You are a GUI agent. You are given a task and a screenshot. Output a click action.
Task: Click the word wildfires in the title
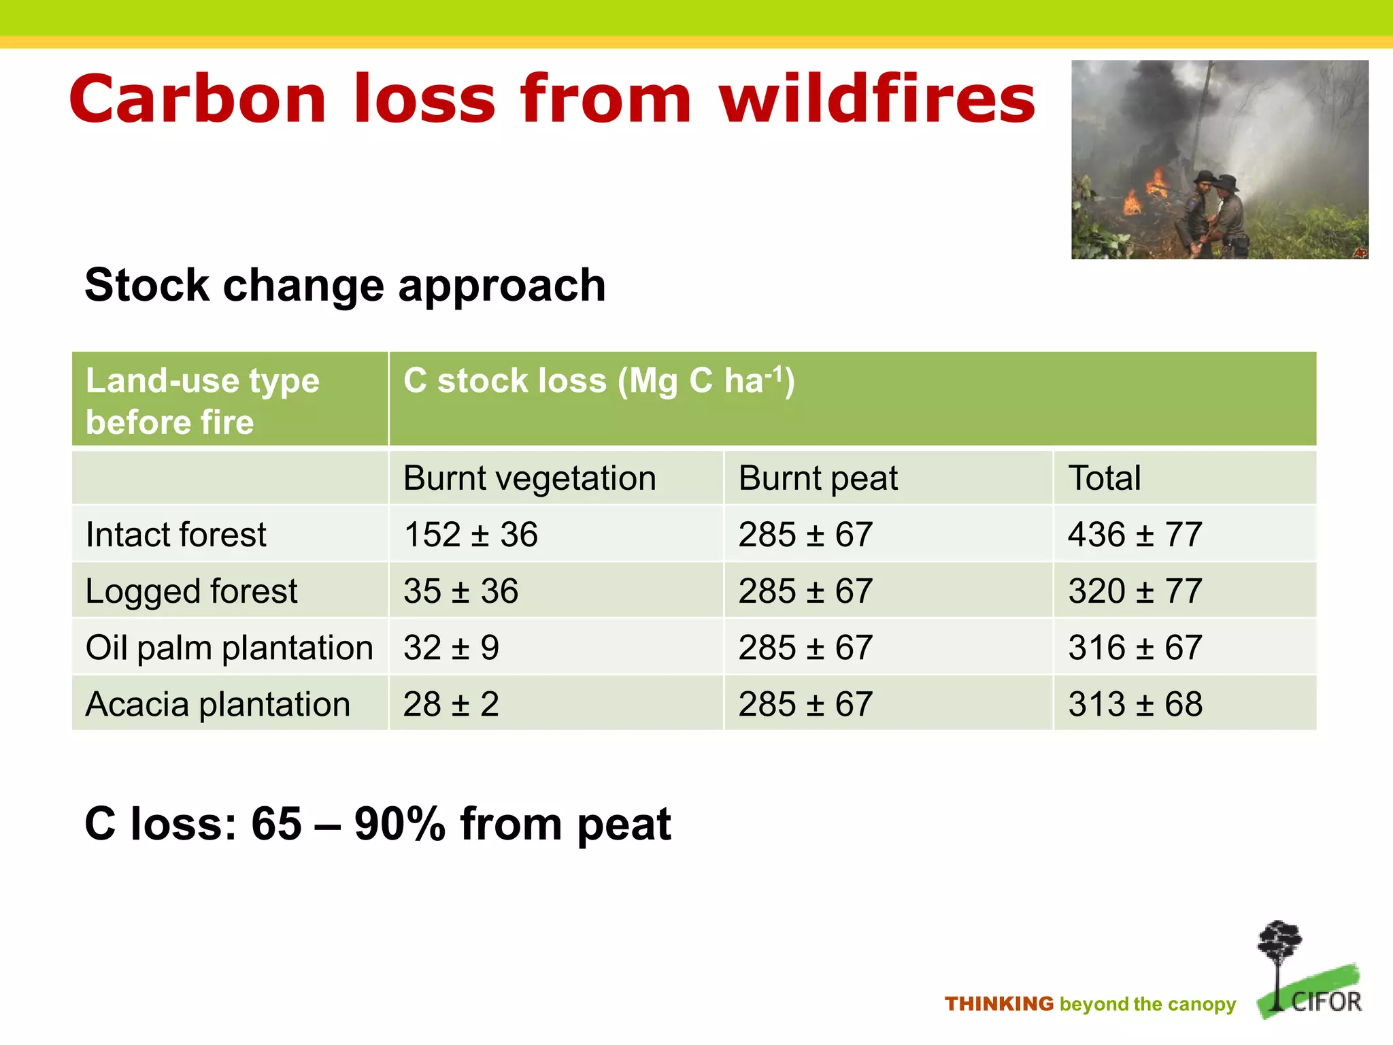tap(877, 100)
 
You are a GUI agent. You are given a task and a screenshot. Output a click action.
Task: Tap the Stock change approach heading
tap(345, 285)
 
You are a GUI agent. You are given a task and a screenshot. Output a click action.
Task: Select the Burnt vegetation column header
tap(529, 478)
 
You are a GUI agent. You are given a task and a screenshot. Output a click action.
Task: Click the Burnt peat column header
tap(818, 478)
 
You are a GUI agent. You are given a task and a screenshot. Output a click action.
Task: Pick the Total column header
tap(1105, 478)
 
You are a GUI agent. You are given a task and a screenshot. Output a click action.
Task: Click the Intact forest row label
tap(176, 535)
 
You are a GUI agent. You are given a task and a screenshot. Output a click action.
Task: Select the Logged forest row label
tap(191, 591)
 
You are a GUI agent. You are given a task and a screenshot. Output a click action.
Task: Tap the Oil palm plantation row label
tap(229, 648)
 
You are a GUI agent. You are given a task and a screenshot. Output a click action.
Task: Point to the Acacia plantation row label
tap(218, 704)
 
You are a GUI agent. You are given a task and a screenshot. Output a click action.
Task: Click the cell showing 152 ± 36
tap(471, 535)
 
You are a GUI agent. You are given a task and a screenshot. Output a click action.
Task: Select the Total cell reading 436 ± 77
tap(1135, 535)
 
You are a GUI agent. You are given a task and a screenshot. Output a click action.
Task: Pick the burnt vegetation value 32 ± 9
tap(451, 648)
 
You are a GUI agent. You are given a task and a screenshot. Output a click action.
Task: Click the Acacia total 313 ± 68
tap(1135, 704)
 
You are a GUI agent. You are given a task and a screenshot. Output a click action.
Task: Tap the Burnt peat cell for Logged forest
tap(805, 591)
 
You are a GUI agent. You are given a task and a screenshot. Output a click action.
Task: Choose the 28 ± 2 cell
tap(451, 704)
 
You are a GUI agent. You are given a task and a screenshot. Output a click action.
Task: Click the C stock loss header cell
tap(599, 382)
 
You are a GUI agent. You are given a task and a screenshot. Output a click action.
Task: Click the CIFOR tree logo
tap(1307, 969)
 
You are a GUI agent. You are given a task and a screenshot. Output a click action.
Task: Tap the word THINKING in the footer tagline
tap(998, 1004)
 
